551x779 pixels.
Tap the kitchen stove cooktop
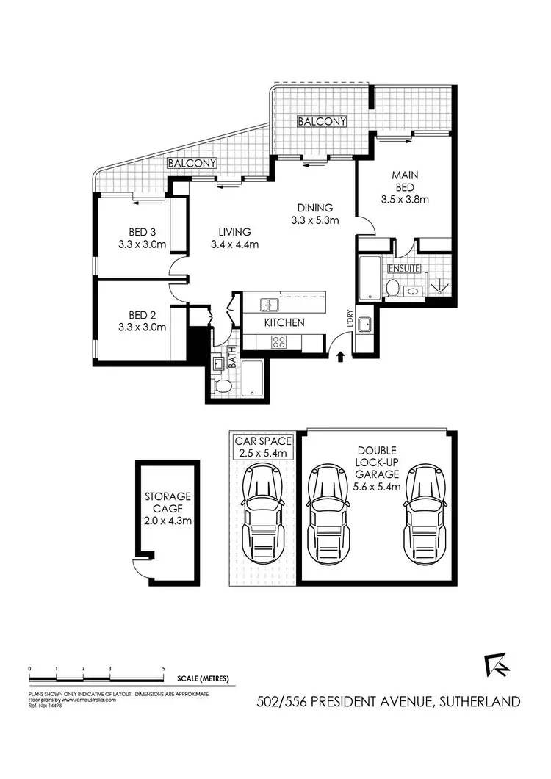[279, 341]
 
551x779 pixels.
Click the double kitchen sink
[267, 302]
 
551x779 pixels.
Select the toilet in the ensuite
[395, 288]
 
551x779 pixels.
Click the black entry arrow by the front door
[340, 358]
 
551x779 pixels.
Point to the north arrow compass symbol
[497, 665]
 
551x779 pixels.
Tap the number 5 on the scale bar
[164, 670]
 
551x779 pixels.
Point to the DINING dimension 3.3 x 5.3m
[314, 220]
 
